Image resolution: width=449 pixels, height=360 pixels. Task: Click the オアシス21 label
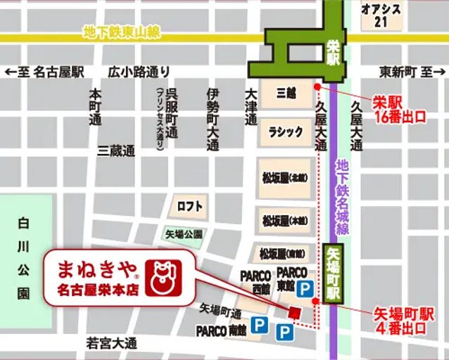pos(381,15)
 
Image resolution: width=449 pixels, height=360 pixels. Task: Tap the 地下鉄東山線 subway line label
pos(120,32)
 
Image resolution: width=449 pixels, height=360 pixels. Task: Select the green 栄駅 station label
pos(334,52)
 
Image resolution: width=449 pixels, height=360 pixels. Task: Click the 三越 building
pos(286,93)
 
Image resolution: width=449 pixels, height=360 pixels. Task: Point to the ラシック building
pos(286,131)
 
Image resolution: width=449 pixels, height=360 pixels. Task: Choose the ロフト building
pos(189,207)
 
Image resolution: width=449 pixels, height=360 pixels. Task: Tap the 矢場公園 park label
pos(184,234)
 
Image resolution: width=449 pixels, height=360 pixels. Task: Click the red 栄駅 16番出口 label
pos(400,110)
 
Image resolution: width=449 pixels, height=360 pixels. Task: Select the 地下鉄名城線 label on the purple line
pos(343,197)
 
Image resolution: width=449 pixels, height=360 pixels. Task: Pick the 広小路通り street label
pos(139,72)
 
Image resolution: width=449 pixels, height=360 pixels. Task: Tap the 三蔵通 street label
pos(117,150)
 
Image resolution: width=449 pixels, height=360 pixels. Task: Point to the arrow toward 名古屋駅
pos(10,72)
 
